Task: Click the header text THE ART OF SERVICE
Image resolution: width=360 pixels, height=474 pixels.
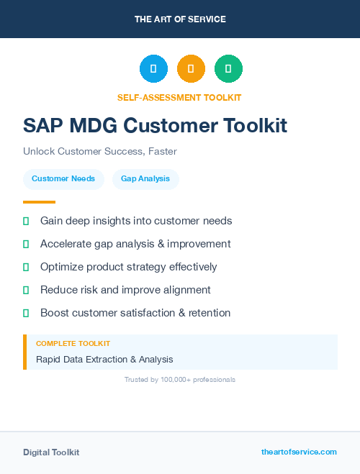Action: (x=180, y=19)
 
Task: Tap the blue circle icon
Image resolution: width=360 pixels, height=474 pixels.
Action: (x=153, y=69)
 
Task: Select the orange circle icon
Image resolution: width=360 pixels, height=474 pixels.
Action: (x=191, y=69)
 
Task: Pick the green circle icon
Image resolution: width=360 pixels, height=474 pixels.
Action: (x=228, y=69)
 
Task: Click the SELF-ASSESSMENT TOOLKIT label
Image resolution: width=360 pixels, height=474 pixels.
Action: (x=179, y=97)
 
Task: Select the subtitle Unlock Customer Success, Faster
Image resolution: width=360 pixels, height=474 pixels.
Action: (x=100, y=152)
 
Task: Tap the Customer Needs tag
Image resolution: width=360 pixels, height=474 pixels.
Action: (x=63, y=179)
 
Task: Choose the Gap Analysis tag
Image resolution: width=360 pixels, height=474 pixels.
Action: (x=145, y=179)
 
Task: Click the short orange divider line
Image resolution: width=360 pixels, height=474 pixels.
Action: (x=39, y=202)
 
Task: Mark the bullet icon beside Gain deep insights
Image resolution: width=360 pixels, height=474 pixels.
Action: (x=26, y=221)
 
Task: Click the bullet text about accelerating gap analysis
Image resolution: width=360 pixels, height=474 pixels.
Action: (x=135, y=244)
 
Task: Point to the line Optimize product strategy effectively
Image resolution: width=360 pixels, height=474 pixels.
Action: (x=128, y=267)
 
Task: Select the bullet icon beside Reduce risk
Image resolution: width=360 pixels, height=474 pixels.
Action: (x=26, y=290)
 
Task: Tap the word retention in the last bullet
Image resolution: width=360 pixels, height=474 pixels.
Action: (x=206, y=313)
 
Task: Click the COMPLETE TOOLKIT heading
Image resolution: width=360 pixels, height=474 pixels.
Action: (x=73, y=344)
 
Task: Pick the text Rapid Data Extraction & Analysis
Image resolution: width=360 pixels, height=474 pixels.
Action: (x=104, y=359)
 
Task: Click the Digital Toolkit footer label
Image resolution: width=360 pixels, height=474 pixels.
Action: (x=51, y=452)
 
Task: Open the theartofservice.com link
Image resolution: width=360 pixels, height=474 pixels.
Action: (x=299, y=452)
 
